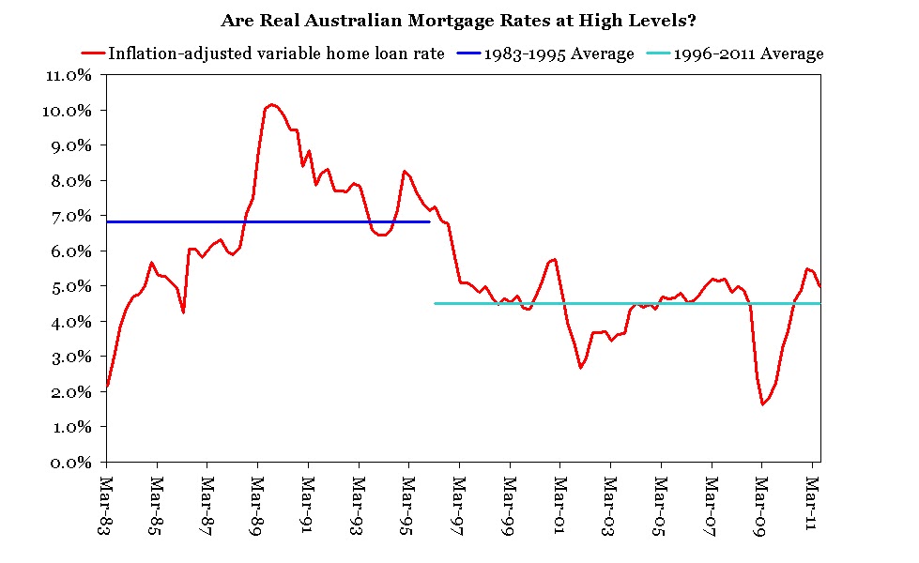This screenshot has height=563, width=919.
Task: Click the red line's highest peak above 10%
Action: tap(271, 104)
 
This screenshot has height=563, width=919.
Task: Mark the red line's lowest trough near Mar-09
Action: tap(763, 404)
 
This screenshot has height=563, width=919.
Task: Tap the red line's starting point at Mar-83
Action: tap(107, 386)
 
